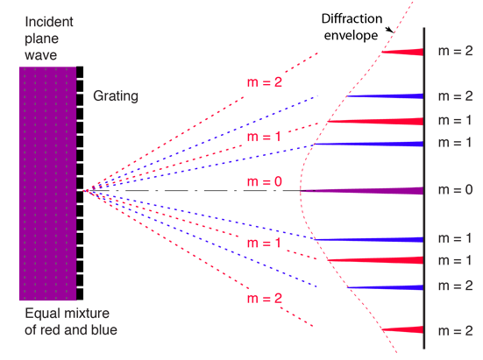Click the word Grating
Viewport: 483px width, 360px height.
[x=116, y=96]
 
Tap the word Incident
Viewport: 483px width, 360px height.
[x=49, y=22]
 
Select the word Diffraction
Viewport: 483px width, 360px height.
[x=352, y=18]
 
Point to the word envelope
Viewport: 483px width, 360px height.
[x=351, y=36]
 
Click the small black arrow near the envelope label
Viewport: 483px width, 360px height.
[x=390, y=29]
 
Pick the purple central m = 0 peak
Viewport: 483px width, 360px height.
[x=362, y=191]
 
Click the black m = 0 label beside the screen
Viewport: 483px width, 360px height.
[x=455, y=190]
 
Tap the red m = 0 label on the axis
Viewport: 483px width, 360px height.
[x=265, y=181]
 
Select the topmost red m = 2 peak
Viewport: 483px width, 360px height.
[x=402, y=52]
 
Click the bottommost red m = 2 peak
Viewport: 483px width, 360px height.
[x=402, y=330]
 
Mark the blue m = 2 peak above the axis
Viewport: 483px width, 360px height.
[x=385, y=96]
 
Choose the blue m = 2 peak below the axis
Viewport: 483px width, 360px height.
[x=385, y=287]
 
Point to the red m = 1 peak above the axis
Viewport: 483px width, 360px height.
[x=375, y=121]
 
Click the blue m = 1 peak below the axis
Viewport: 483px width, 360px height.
[x=369, y=240]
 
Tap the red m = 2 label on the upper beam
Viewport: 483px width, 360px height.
[x=265, y=82]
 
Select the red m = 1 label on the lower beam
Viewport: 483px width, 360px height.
[x=264, y=244]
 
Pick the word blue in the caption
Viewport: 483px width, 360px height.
[x=103, y=330]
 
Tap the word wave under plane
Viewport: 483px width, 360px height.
[x=41, y=56]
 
